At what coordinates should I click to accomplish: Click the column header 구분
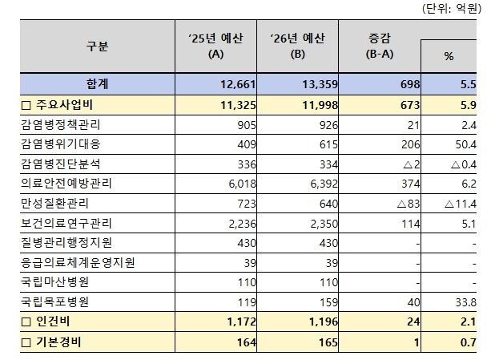pos(96,47)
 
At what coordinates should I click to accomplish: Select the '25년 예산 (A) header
pos(215,47)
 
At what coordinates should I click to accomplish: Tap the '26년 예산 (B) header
pos(297,47)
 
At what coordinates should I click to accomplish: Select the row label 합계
pos(96,83)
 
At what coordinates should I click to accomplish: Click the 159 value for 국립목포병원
pos(319,303)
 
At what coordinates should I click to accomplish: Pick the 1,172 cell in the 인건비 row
pos(233,322)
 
